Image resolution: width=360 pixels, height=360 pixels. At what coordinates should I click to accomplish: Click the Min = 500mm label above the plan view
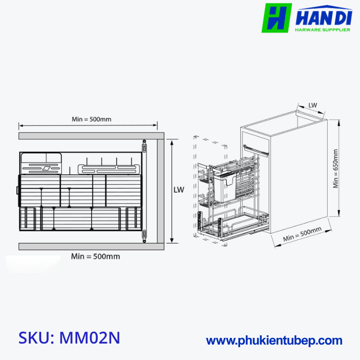[92, 119]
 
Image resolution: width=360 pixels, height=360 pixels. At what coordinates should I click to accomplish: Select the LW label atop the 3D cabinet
[313, 105]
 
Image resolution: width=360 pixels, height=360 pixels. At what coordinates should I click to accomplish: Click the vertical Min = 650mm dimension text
[336, 169]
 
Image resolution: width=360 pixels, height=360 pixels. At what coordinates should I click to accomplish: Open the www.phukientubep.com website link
[274, 340]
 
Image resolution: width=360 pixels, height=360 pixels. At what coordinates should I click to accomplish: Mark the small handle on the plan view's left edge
[18, 190]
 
